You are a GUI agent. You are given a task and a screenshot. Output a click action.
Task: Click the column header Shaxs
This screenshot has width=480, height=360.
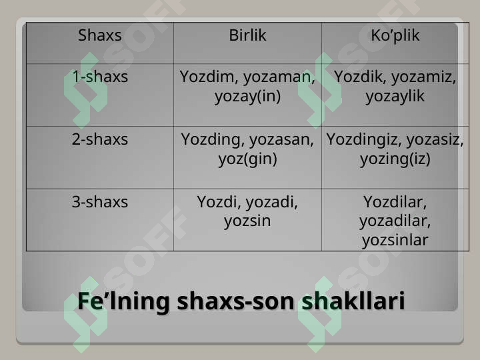click(x=100, y=35)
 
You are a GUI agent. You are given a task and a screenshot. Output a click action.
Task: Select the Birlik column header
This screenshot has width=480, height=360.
click(x=247, y=35)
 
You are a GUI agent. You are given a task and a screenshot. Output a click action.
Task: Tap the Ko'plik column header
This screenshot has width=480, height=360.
click(x=395, y=35)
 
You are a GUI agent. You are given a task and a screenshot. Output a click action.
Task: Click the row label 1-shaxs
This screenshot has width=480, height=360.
click(x=100, y=77)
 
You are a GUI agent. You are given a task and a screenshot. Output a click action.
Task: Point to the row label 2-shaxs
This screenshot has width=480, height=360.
click(x=100, y=139)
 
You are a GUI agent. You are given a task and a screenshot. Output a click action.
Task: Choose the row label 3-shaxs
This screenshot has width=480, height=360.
click(x=100, y=202)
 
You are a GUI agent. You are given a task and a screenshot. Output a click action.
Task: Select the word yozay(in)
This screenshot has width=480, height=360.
click(x=247, y=96)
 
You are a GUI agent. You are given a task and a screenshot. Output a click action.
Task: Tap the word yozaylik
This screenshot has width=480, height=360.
click(x=395, y=96)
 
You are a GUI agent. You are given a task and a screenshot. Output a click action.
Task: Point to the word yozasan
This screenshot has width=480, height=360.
click(x=281, y=139)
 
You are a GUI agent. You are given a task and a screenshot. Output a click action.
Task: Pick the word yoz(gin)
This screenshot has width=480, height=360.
click(x=247, y=159)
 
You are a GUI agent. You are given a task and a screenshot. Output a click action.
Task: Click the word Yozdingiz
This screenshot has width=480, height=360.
click(x=363, y=139)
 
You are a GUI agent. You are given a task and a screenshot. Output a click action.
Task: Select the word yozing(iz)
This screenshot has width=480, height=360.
click(x=395, y=159)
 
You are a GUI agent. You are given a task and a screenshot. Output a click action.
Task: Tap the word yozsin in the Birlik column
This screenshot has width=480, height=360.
click(x=247, y=221)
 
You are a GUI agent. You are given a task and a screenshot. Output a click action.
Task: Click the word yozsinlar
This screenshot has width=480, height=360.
click(x=395, y=240)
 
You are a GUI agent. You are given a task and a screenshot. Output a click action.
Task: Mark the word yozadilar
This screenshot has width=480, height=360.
click(x=395, y=221)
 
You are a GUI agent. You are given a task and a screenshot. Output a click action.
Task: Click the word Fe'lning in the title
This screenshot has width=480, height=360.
click(x=123, y=301)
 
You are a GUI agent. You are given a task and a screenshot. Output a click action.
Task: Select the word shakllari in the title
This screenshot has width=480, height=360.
click(x=353, y=301)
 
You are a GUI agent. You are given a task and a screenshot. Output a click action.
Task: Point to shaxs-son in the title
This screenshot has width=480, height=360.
click(x=235, y=301)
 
